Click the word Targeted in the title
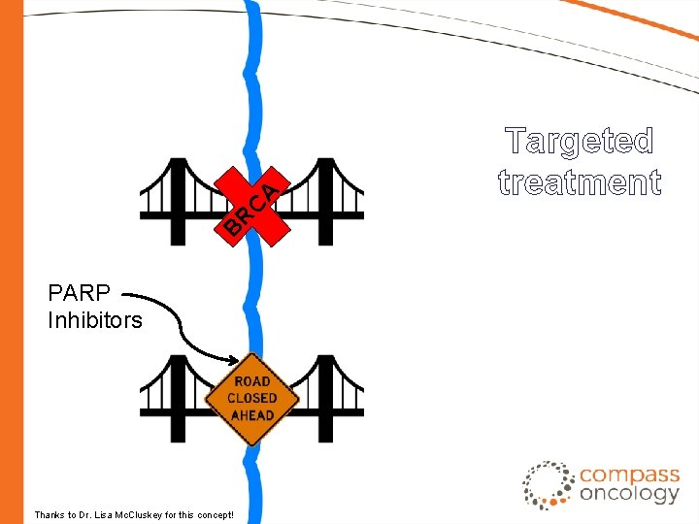point(580,142)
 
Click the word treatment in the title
point(580,181)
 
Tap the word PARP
point(80,292)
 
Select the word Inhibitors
point(94,319)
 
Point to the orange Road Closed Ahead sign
point(252,399)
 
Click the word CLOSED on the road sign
point(252,398)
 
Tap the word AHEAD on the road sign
point(252,415)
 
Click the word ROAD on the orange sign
point(252,381)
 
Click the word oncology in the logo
point(629,494)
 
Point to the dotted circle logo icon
point(549,485)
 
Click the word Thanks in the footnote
point(49,514)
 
